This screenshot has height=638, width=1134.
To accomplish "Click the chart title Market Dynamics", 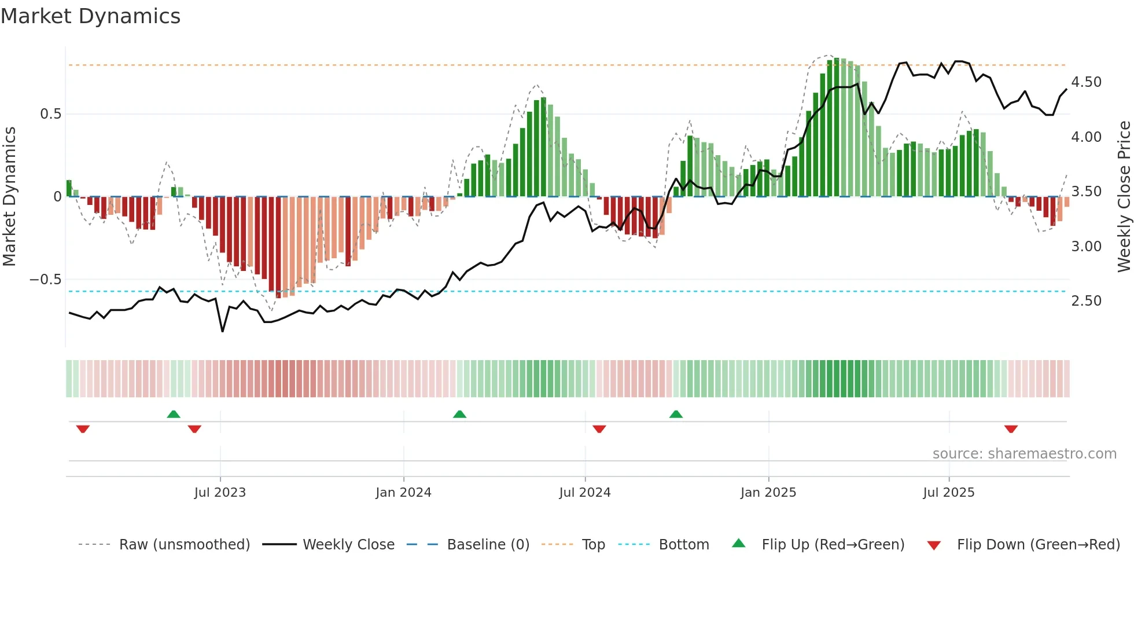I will (91, 16).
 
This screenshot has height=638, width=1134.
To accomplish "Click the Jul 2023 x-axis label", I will (220, 493).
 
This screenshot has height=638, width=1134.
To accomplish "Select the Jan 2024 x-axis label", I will (403, 493).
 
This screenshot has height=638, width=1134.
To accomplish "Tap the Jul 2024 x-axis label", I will (585, 493).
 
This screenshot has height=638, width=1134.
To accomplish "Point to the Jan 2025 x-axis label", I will (768, 493).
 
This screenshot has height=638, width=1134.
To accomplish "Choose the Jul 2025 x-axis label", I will (949, 493).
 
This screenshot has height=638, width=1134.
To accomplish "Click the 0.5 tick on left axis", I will (51, 114).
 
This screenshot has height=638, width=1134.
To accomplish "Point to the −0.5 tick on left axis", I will (46, 280).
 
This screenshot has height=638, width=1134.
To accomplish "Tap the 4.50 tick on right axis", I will (1086, 82).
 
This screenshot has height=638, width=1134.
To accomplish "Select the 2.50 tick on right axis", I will (1086, 301).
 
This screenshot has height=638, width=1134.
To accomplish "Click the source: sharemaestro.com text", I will (1024, 454).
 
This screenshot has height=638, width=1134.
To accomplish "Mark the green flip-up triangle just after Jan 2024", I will (459, 414).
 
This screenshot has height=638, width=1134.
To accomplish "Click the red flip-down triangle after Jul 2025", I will (1011, 429).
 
